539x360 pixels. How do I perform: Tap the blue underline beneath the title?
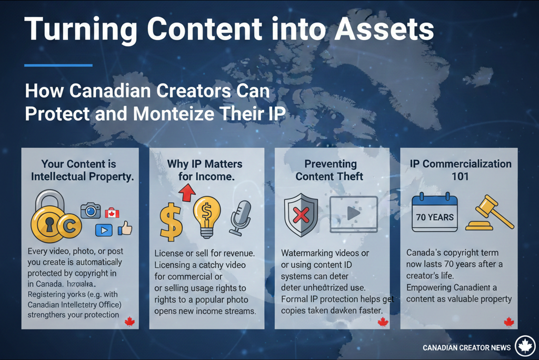[58, 65]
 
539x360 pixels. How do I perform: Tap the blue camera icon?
[91, 211]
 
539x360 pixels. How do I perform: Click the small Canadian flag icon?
[112, 213]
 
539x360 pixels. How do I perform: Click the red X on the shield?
[301, 215]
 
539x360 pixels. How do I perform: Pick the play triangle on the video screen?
[354, 213]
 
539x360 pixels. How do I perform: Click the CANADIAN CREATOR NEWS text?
[466, 347]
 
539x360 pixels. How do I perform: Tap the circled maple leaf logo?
[525, 346]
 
